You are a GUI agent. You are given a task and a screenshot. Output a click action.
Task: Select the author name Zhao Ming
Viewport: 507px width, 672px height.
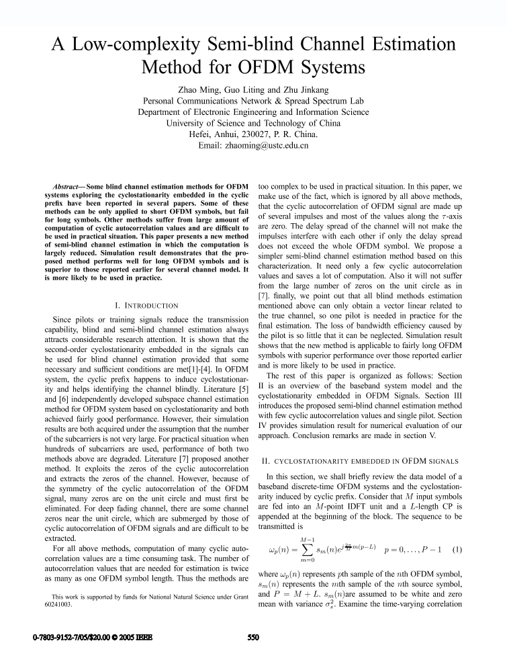point(198,89)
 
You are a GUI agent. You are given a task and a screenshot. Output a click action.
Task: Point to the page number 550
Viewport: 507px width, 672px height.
point(252,652)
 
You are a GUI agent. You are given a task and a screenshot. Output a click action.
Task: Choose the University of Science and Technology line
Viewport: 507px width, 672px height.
point(253,123)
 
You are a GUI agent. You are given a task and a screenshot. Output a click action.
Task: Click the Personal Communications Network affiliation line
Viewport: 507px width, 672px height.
point(253,100)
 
